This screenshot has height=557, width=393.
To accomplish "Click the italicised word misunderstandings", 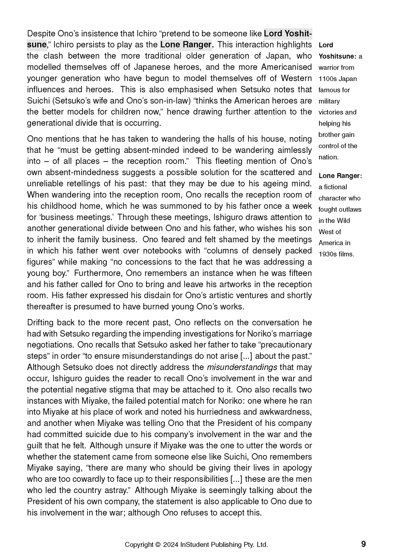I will pos(242,367).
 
